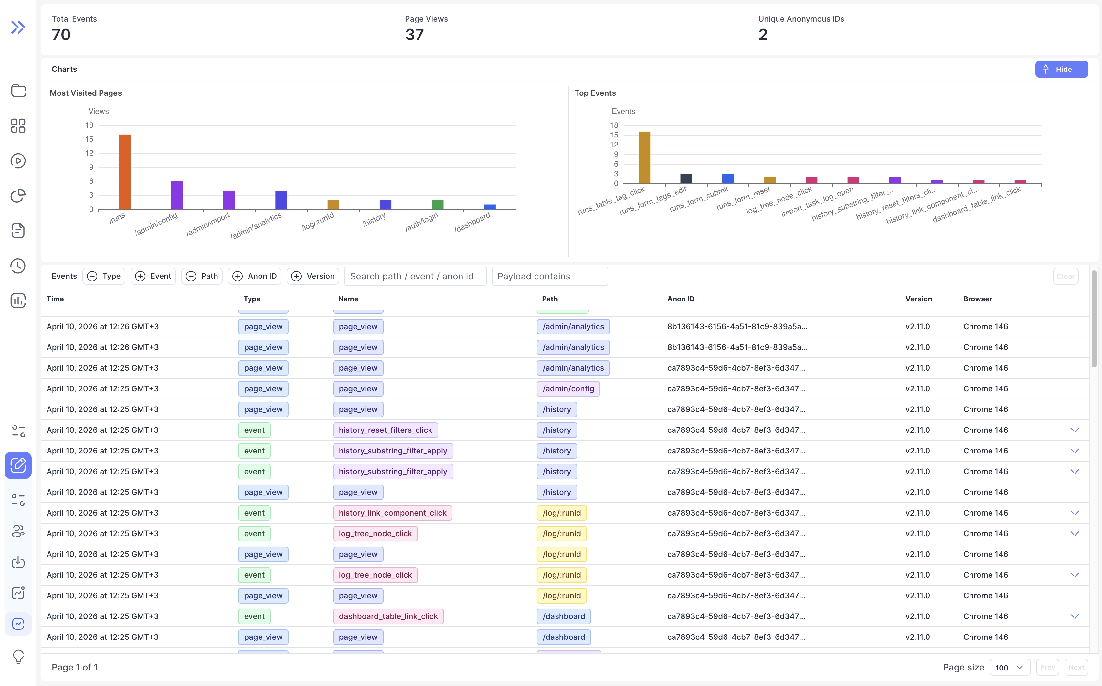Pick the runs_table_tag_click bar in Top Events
pyautogui.click(x=644, y=158)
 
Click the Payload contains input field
pyautogui.click(x=549, y=276)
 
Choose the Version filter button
pyautogui.click(x=313, y=276)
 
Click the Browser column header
pyautogui.click(x=977, y=299)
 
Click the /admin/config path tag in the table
pyautogui.click(x=568, y=389)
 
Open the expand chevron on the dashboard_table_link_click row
pyautogui.click(x=1074, y=616)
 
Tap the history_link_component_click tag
pyautogui.click(x=392, y=513)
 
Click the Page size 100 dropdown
pyautogui.click(x=1009, y=667)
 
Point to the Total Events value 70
pyautogui.click(x=61, y=35)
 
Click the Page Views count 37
pyautogui.click(x=414, y=35)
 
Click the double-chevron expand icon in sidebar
pyautogui.click(x=18, y=27)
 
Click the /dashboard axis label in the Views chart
pyautogui.click(x=472, y=222)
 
